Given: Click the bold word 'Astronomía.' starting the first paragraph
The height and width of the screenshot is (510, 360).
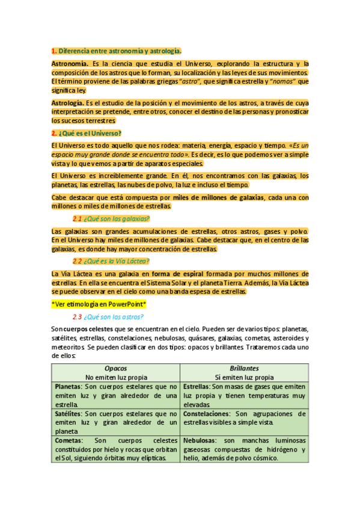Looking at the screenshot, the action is (x=70, y=63).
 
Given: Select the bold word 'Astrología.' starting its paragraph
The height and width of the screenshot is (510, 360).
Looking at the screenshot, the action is (x=68, y=103).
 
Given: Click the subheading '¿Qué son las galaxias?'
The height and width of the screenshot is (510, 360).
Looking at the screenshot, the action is (x=117, y=218).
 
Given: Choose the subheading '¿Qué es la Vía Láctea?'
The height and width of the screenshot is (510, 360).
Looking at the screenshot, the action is (x=117, y=261).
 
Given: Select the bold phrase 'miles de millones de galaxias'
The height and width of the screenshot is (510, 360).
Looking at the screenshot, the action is (x=218, y=198).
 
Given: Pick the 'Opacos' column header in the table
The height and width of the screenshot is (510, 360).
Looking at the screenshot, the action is (x=116, y=367).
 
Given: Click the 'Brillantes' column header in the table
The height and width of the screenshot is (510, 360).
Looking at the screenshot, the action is (x=244, y=367).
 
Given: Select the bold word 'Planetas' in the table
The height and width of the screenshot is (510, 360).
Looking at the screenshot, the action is (x=69, y=387).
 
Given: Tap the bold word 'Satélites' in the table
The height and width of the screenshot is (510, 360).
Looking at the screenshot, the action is (x=69, y=414).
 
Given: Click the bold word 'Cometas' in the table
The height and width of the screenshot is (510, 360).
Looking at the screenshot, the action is (x=68, y=441).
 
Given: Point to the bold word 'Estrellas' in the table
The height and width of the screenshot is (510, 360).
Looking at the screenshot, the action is (x=196, y=387).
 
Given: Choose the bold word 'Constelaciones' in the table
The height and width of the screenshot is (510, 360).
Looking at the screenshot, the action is (x=206, y=414).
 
